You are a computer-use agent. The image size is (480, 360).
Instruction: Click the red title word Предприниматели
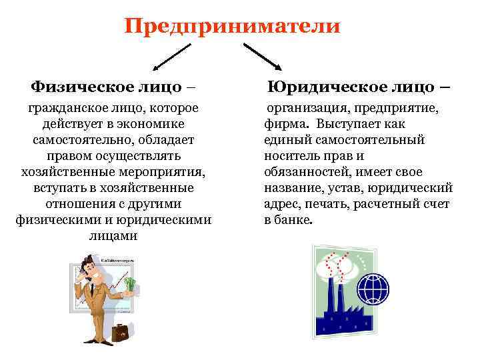click(x=232, y=26)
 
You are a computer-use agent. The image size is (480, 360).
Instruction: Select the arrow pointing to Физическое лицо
click(x=172, y=57)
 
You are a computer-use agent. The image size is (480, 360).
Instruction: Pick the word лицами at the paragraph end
click(x=113, y=235)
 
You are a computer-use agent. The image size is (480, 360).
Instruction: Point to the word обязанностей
click(x=303, y=171)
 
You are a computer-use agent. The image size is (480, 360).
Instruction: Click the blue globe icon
click(x=371, y=288)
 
